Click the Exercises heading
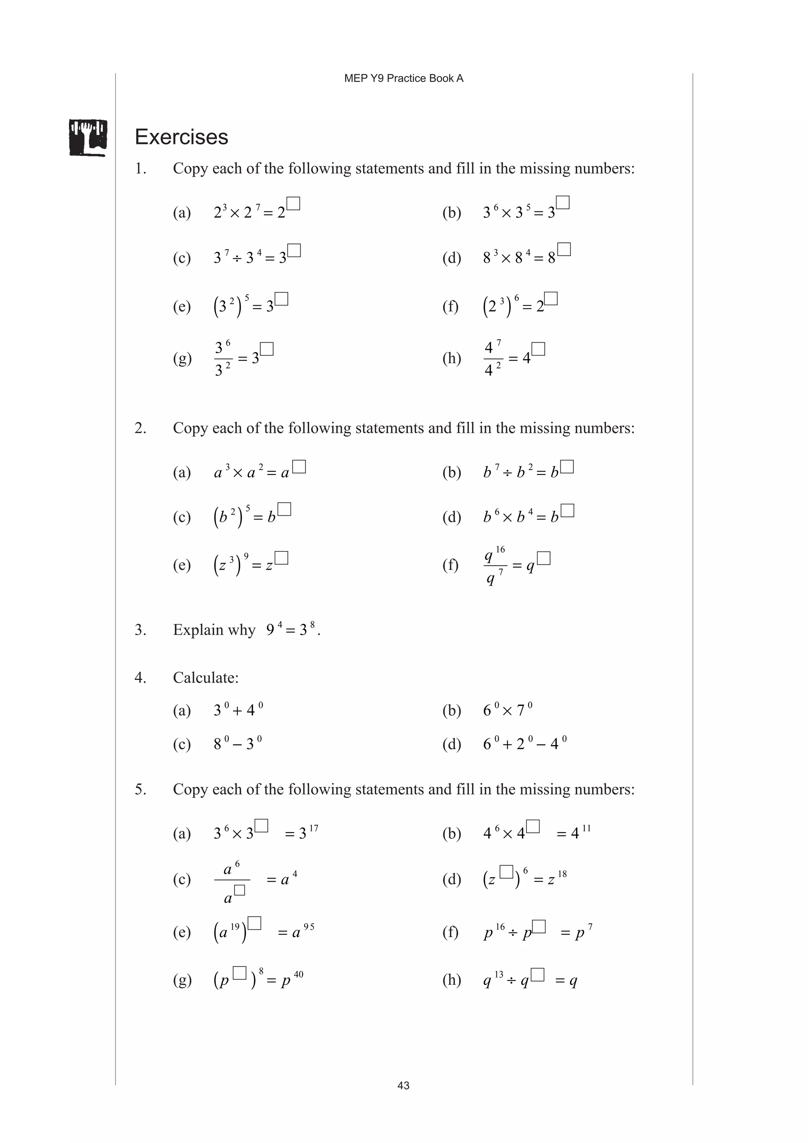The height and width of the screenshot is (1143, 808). [181, 137]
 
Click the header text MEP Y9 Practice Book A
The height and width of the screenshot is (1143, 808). [403, 78]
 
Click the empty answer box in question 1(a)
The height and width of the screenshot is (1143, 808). [294, 204]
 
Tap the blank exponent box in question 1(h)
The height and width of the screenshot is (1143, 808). [539, 349]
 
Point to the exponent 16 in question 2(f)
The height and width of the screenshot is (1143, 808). [500, 549]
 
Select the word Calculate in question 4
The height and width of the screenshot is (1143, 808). [206, 678]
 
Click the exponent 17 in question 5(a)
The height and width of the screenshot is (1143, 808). [314, 828]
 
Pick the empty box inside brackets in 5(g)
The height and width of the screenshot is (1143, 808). [239, 973]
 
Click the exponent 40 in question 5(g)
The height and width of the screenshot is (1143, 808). [299, 974]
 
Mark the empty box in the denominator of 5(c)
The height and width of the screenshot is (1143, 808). [239, 890]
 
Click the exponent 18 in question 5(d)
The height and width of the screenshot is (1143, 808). [562, 874]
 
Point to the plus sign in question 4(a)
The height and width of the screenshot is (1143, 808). [238, 710]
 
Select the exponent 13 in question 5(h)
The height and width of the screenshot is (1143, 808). [499, 974]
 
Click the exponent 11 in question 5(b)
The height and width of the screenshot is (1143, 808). [586, 828]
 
